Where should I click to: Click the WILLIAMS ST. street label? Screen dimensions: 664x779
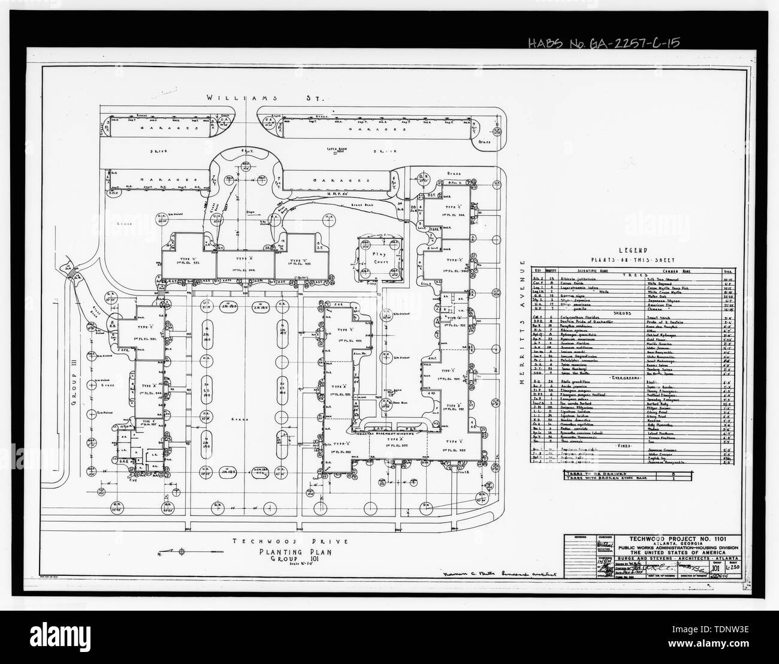(265, 97)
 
